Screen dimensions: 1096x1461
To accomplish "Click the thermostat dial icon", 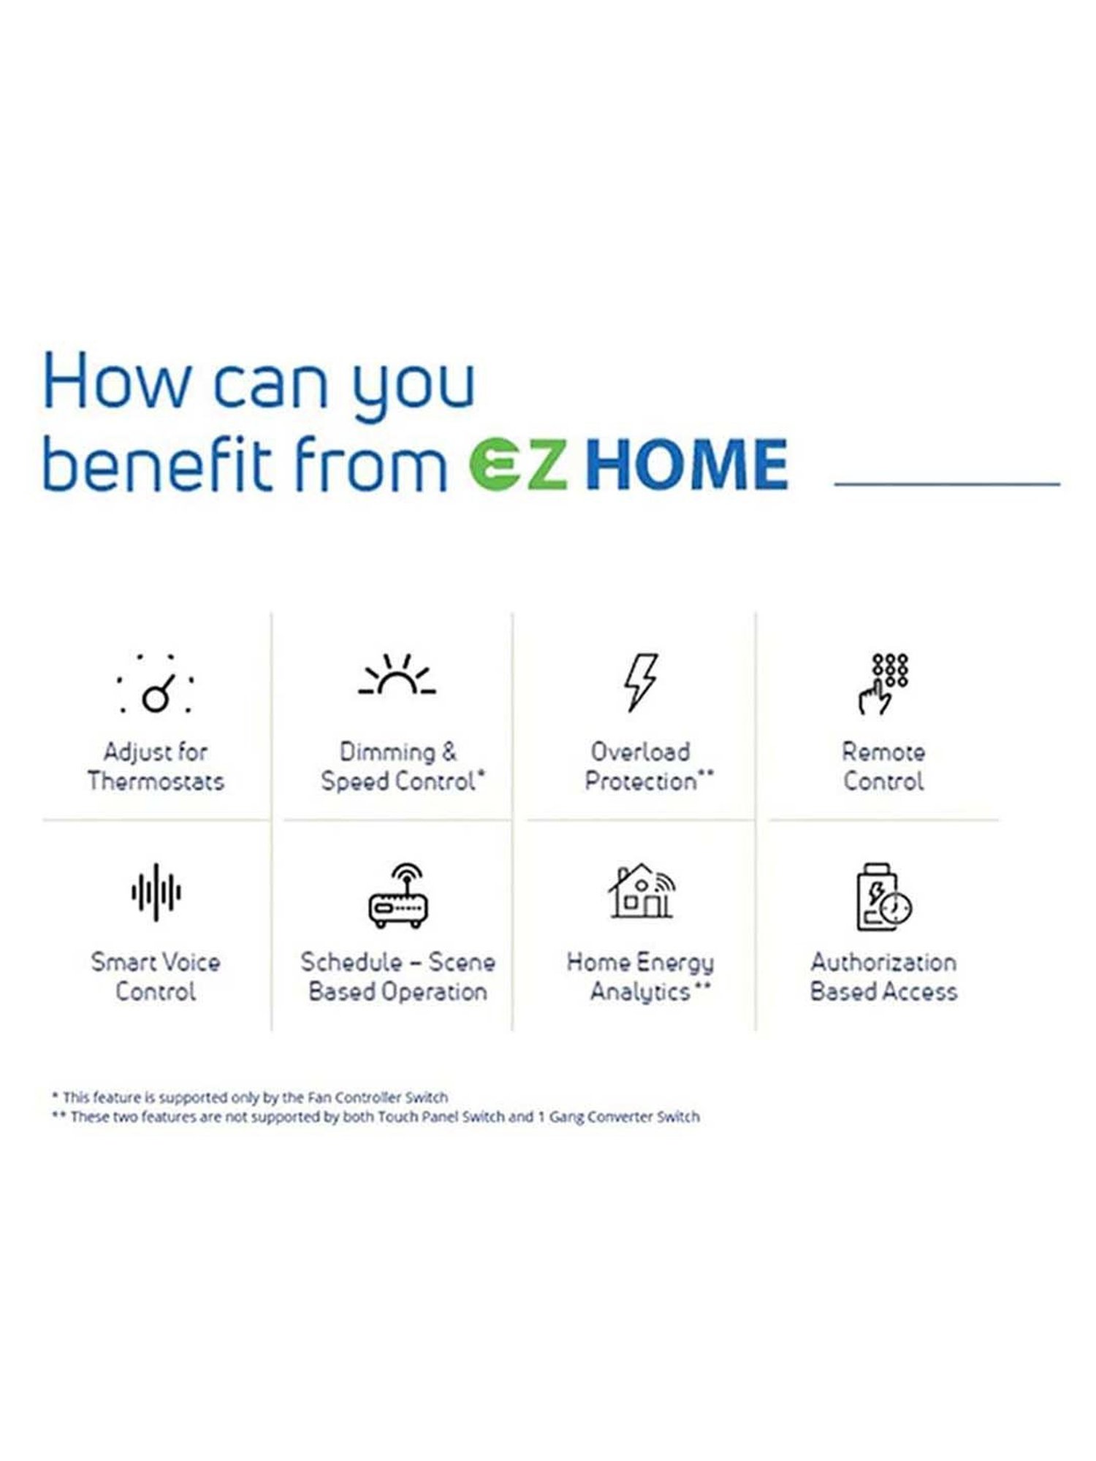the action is click(155, 684).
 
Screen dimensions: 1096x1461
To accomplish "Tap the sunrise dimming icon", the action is click(397, 674).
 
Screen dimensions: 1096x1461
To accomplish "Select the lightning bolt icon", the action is click(640, 682).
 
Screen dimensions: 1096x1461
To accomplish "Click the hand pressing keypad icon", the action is click(883, 684).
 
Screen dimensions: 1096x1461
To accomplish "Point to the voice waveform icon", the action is click(156, 892).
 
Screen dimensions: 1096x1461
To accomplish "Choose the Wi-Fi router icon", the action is click(397, 896).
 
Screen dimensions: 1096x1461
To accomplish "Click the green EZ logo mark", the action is click(517, 463).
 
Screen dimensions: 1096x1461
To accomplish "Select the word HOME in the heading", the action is click(688, 463).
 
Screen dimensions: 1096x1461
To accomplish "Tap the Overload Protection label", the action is click(648, 766).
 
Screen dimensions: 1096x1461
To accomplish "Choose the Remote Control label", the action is click(883, 766).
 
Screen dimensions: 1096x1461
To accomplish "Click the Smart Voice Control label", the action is click(156, 977).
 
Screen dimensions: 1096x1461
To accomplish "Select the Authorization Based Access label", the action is click(883, 977).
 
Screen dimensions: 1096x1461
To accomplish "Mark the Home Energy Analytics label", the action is click(641, 977).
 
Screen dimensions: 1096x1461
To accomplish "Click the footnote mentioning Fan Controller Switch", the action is click(249, 1097).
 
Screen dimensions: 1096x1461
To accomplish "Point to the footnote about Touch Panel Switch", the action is click(376, 1117).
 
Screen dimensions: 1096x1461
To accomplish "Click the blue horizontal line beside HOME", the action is click(947, 484).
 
